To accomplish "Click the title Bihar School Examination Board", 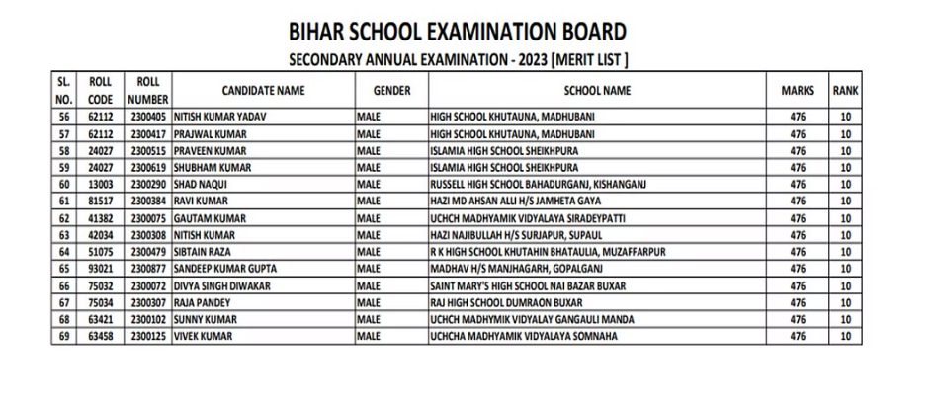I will [x=459, y=30].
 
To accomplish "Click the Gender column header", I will [x=392, y=90].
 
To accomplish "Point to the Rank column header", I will [x=845, y=90].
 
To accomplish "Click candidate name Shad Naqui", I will [x=203, y=184].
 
